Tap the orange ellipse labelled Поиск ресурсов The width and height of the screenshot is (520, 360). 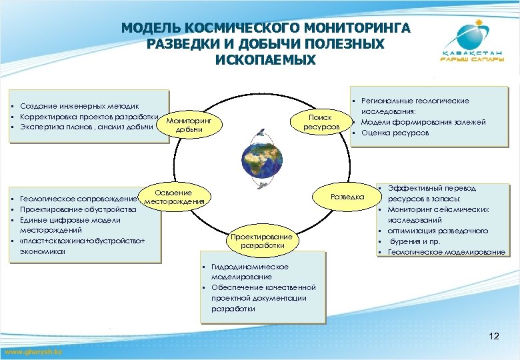point(321,121)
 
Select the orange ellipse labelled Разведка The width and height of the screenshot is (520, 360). point(347,197)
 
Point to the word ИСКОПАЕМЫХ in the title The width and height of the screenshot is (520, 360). point(265,59)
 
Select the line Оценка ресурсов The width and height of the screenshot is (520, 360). point(395,133)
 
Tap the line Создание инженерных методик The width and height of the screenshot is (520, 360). point(79,106)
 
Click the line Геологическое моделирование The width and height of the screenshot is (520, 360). point(446,251)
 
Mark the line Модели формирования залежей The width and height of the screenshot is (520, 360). point(423,122)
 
